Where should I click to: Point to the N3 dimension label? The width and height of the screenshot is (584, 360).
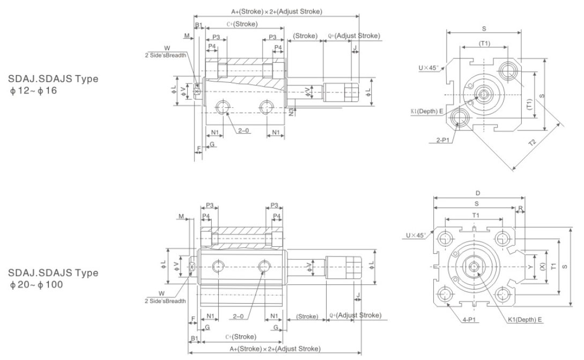291,112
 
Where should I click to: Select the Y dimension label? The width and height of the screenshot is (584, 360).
530,267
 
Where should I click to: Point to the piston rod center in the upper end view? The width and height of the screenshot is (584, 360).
484,95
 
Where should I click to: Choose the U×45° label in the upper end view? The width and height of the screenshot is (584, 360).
429,68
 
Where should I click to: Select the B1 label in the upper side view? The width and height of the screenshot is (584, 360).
198,25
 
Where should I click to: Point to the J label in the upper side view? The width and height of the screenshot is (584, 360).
355,47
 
